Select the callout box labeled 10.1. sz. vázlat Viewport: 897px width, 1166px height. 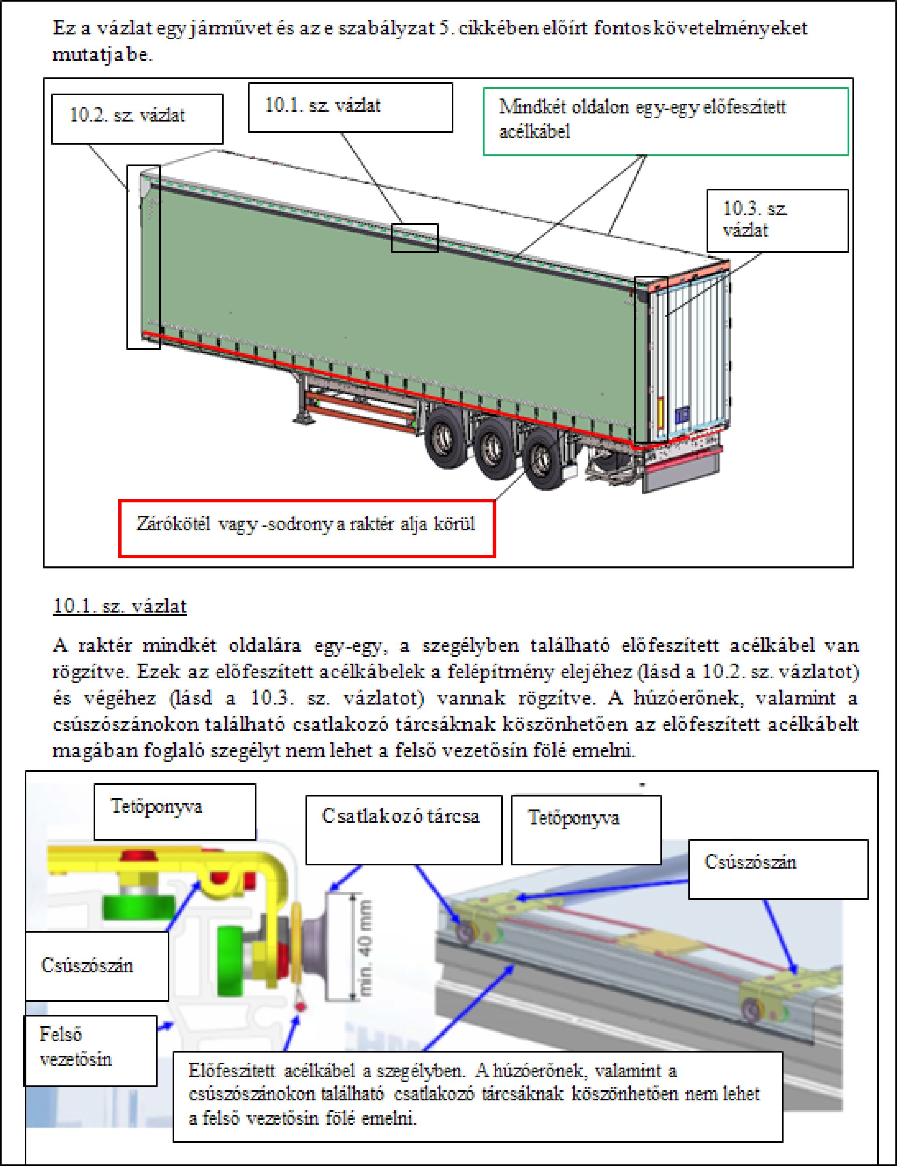[350, 107]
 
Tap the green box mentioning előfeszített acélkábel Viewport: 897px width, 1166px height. [665, 121]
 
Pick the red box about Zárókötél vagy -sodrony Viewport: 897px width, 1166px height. [307, 528]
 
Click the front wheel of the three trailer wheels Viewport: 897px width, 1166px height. [443, 438]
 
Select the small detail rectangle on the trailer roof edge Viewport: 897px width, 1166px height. [414, 237]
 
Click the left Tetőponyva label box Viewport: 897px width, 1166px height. [175, 812]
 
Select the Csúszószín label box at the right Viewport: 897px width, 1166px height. [778, 869]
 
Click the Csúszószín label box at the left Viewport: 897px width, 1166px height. [97, 966]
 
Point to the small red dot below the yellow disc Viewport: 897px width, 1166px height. [301, 1006]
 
